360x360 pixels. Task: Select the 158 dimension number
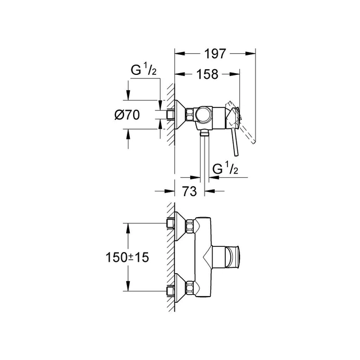coord(206,74)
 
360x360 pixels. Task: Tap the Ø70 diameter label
coord(127,115)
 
